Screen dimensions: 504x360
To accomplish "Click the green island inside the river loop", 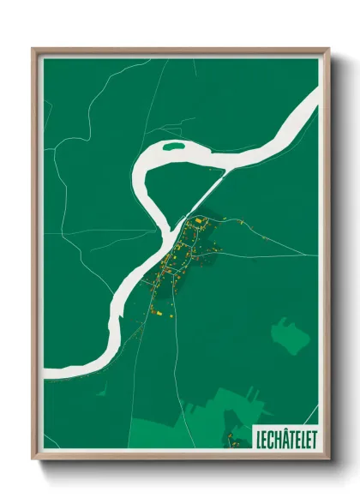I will (174, 147).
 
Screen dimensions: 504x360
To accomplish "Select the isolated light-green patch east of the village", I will (286, 335).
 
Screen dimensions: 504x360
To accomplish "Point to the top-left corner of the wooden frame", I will (33, 50).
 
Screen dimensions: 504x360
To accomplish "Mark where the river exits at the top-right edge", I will (314, 99).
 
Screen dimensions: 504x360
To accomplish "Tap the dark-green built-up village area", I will (184, 257).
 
